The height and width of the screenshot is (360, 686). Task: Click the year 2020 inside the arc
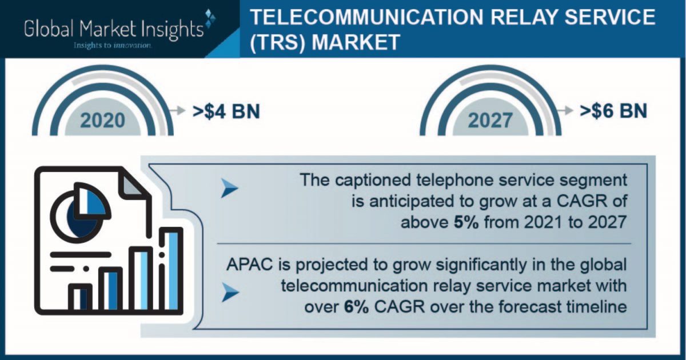(x=103, y=121)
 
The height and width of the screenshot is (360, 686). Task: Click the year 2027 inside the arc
(x=490, y=121)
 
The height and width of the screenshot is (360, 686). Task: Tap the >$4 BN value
(x=226, y=111)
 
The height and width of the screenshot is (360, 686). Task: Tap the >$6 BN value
(x=613, y=111)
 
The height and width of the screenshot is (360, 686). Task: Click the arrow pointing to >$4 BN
(x=178, y=110)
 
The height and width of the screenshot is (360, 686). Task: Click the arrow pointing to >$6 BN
(x=565, y=110)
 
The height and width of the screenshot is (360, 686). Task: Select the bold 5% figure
(x=466, y=222)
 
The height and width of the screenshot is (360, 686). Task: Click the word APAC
(x=250, y=265)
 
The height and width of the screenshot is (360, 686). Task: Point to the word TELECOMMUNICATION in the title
(x=366, y=18)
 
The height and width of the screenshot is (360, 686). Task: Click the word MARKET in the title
(x=356, y=42)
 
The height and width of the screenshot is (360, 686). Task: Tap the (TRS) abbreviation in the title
(x=278, y=42)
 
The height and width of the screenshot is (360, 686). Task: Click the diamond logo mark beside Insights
(x=210, y=18)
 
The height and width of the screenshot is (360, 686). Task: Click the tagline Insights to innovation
(x=113, y=46)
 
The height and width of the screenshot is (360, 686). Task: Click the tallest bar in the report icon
(x=171, y=271)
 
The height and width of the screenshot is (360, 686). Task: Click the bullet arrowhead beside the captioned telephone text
(x=229, y=188)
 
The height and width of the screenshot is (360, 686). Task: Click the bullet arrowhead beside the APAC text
(x=230, y=293)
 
